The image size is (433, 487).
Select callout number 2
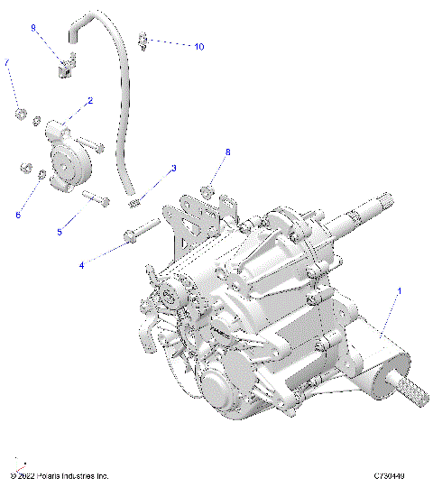pyautogui.click(x=89, y=102)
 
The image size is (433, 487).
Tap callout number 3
pyautogui.click(x=173, y=169)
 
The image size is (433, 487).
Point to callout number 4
pyautogui.click(x=83, y=265)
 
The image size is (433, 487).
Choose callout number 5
pyautogui.click(x=60, y=232)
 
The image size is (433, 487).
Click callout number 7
pyautogui.click(x=8, y=62)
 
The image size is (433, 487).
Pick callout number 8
pyautogui.click(x=227, y=152)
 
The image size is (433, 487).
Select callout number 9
pyautogui.click(x=33, y=28)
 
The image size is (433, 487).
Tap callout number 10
pyautogui.click(x=198, y=46)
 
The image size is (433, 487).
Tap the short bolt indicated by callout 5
pyautogui.click(x=96, y=197)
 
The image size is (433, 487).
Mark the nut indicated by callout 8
pyautogui.click(x=207, y=190)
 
